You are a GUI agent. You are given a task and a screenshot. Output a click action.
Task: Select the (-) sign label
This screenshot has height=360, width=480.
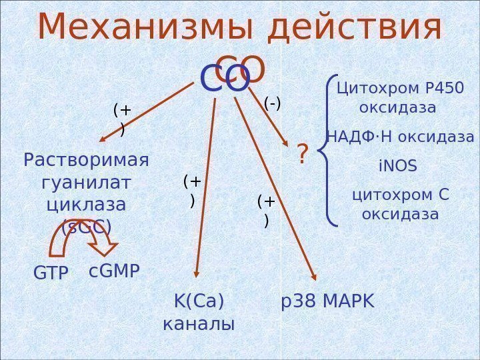pos(273,103)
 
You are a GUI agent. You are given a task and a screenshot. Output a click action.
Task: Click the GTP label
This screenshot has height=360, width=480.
pos(51,273)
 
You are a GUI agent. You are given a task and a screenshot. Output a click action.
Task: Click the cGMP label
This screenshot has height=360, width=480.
pos(115,271)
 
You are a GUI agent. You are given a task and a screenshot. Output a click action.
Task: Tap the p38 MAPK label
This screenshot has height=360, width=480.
pos(328,302)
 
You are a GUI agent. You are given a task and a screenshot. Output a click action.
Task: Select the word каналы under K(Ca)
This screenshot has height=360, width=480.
pos(199,325)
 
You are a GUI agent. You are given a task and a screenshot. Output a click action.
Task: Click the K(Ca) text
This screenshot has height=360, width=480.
pos(199,302)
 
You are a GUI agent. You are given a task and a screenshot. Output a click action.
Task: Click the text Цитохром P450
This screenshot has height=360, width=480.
pos(400,88)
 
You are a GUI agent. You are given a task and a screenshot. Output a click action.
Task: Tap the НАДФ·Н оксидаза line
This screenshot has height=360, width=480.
pos(400,137)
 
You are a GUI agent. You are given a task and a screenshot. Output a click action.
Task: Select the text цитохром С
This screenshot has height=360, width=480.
pos(400,195)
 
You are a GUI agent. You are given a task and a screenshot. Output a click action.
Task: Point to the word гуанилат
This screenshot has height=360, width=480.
pos(86,182)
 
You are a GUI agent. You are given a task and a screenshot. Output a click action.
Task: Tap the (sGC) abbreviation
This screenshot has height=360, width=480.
pos(86,227)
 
